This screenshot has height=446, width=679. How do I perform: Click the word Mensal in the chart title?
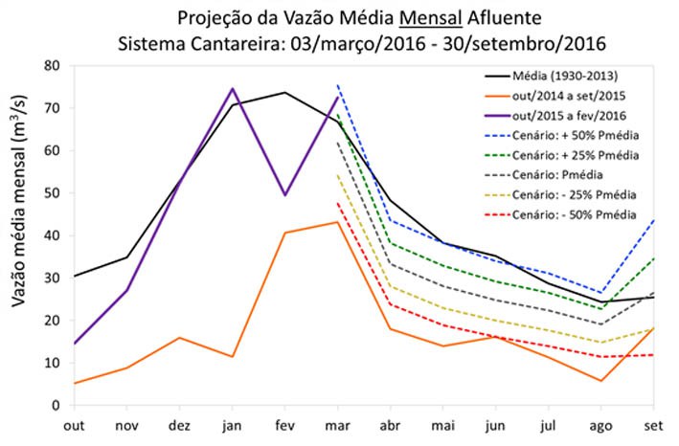tap(408, 18)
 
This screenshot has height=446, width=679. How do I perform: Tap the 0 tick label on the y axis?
tap(57, 405)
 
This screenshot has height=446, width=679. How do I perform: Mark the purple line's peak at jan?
tap(233, 89)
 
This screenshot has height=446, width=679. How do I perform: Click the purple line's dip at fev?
tap(285, 195)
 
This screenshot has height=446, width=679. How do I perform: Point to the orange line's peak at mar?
tap(337, 222)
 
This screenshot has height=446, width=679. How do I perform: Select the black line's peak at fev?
tap(285, 93)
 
